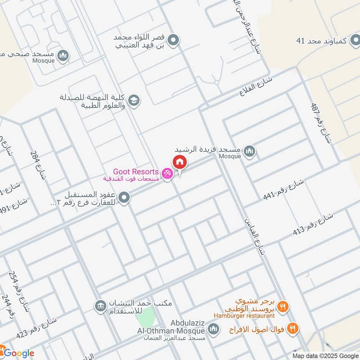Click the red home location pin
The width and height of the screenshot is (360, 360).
pos(179,162)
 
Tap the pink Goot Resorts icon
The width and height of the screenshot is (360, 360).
pos(167,173)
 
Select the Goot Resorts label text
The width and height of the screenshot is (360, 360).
pos(135,171)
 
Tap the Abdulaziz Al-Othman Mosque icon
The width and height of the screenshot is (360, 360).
pos(213,330)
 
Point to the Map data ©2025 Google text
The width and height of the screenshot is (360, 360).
pos(324,354)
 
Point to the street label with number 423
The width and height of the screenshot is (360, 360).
pos(36,327)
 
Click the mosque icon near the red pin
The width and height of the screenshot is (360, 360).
pos(251,152)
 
